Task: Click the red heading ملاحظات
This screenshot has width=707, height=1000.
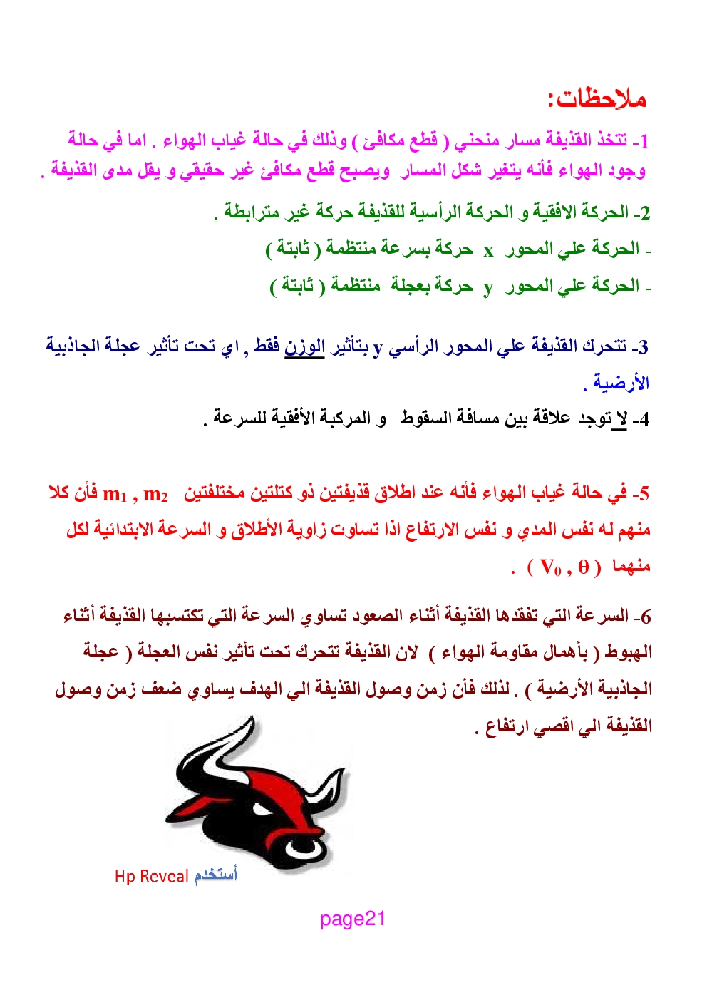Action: (597, 98)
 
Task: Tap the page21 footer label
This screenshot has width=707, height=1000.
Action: (352, 919)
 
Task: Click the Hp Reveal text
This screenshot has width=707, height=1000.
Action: (152, 876)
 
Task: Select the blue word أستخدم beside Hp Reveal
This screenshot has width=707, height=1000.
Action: (215, 874)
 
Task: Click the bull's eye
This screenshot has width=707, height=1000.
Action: (262, 809)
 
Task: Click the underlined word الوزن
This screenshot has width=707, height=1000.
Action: (304, 346)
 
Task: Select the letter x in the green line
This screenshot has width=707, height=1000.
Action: (488, 250)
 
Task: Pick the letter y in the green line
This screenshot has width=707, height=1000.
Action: (488, 287)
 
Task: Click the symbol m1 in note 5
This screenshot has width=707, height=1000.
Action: (114, 494)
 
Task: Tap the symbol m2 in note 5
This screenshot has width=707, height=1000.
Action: (155, 494)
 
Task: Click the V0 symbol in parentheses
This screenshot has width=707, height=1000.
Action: (551, 568)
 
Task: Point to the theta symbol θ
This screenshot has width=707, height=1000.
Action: (584, 567)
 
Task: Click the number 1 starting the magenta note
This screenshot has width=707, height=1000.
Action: (644, 141)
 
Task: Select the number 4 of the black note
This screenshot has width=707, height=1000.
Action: (644, 419)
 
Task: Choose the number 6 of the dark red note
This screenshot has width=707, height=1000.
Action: (645, 617)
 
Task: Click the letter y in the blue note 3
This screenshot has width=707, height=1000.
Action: (378, 348)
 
